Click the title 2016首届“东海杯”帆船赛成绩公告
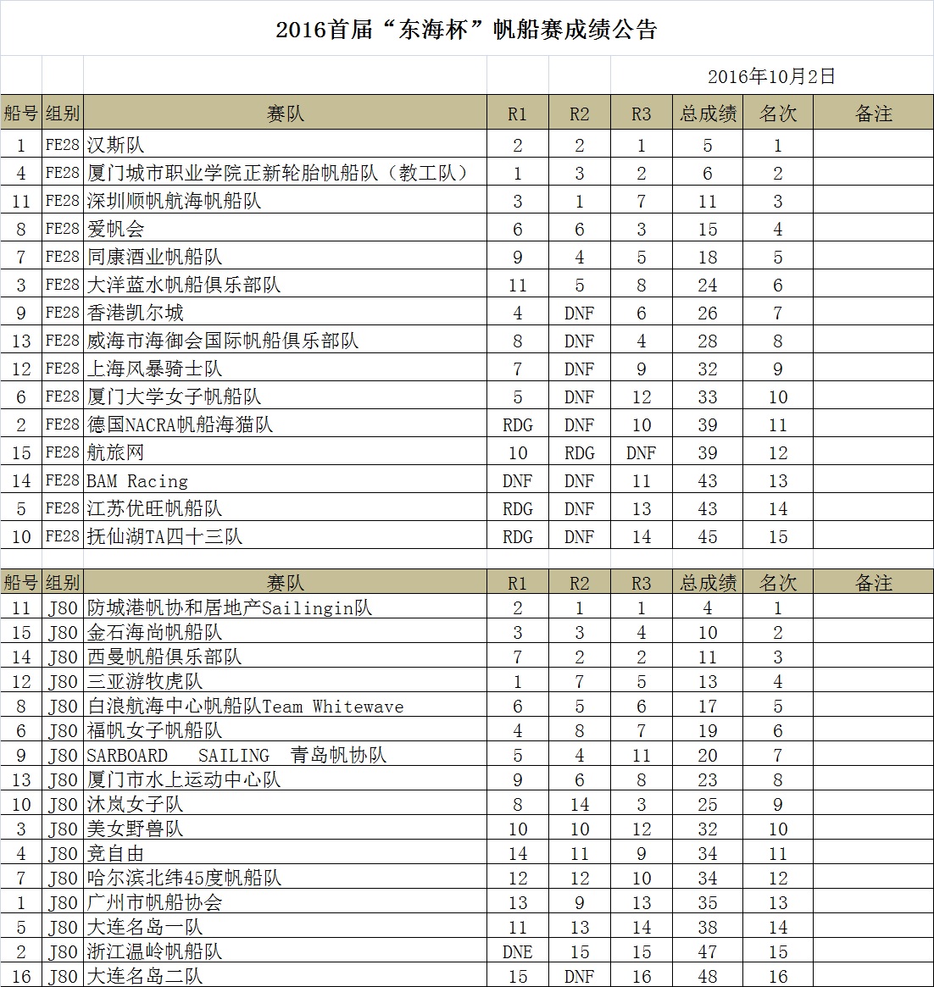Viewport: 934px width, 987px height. coord(466,30)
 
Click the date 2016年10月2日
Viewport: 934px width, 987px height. coord(771,76)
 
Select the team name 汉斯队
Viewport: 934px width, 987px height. coord(116,145)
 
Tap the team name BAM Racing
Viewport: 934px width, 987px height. coord(137,481)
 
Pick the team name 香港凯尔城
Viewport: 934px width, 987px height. coord(136,313)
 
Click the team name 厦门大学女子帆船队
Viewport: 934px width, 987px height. coord(175,396)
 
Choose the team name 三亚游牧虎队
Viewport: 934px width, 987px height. coord(145,681)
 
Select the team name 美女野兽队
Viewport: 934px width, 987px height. coord(136,829)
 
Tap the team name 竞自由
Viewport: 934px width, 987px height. coord(116,853)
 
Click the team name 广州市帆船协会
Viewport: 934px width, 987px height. coord(155,902)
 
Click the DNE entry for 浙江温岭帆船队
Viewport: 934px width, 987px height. coord(517,951)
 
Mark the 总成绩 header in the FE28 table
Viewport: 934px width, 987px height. coord(708,114)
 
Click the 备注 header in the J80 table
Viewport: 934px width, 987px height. coord(874,583)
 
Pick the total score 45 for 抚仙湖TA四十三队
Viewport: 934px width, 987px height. coord(708,537)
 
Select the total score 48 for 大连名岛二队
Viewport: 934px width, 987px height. coord(708,976)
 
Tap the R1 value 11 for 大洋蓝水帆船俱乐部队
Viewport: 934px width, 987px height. coord(517,285)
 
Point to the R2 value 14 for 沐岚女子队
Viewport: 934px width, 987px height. coord(579,804)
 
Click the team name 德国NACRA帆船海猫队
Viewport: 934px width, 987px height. coord(181,424)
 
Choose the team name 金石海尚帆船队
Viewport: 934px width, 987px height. coord(155,632)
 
